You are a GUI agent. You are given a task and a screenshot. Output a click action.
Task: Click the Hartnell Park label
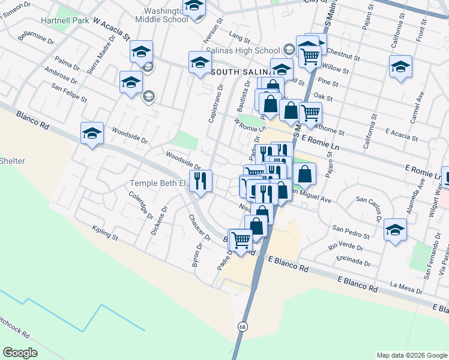pyautogui.click(x=65, y=20)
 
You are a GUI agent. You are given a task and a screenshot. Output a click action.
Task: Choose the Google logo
pyautogui.click(x=20, y=353)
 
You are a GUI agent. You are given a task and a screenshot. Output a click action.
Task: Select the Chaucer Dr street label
pyautogui.click(x=200, y=228)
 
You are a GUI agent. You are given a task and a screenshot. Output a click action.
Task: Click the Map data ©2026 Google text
pyautogui.click(x=412, y=355)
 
